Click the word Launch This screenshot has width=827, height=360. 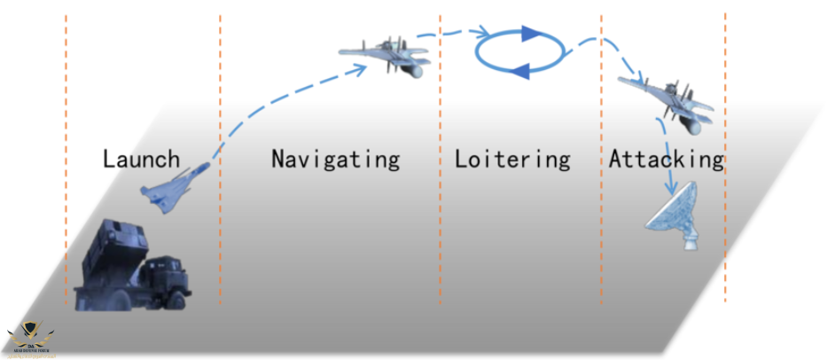(x=141, y=160)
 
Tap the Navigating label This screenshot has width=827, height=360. (x=335, y=160)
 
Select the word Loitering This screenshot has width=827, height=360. (x=512, y=160)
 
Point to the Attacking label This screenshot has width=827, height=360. (x=666, y=160)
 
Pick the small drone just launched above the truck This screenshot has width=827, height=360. (x=176, y=187)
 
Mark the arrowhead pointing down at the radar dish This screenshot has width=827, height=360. (x=670, y=189)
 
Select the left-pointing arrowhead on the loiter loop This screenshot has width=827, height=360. (x=524, y=70)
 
